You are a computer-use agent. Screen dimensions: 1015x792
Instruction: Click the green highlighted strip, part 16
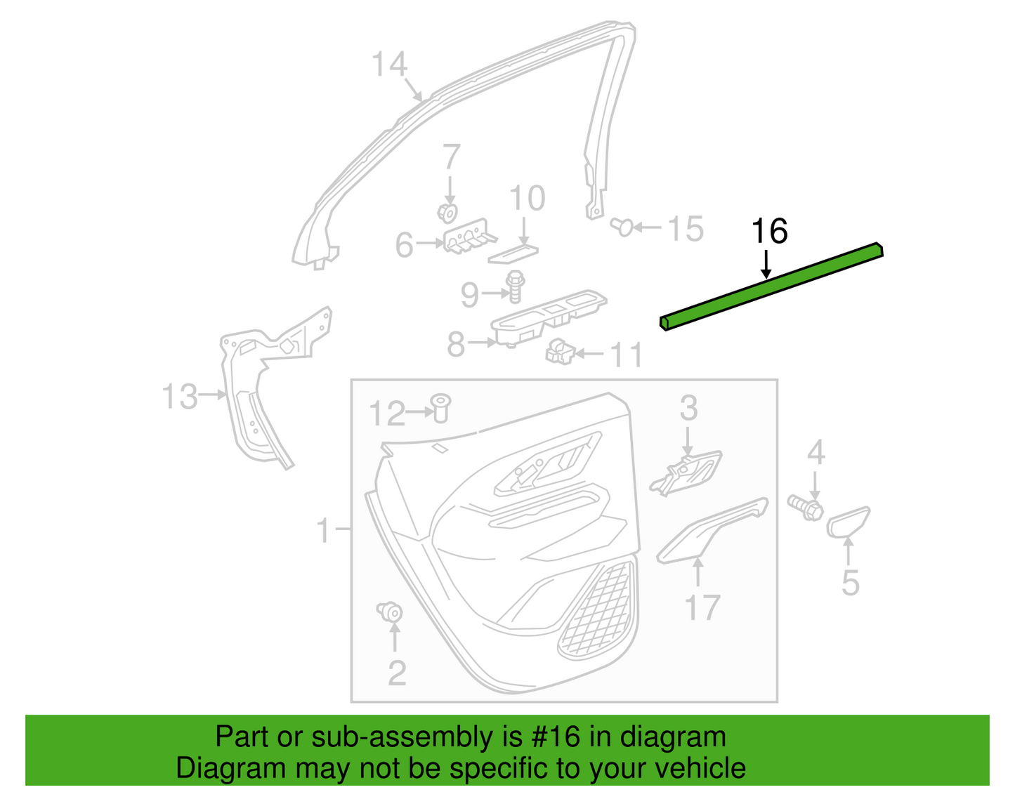pos(771,286)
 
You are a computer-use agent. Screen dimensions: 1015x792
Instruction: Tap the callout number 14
pos(390,65)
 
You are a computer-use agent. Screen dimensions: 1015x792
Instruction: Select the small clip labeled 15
pos(622,227)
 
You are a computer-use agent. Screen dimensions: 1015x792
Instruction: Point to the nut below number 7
pos(447,213)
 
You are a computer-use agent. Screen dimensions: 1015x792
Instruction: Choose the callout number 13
pos(180,397)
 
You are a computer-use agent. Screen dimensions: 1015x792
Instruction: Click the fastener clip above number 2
pos(390,612)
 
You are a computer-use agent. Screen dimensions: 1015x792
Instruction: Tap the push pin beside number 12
pos(440,408)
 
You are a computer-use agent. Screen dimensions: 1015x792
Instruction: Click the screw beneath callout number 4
pos(805,508)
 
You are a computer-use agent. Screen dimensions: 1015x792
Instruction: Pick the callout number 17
pos(702,607)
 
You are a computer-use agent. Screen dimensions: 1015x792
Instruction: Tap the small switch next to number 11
pos(560,351)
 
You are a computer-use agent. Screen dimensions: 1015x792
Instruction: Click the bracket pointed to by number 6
pos(469,237)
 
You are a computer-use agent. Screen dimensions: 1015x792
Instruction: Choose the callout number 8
pos(456,345)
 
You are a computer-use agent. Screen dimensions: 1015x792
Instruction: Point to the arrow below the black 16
pos(766,264)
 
